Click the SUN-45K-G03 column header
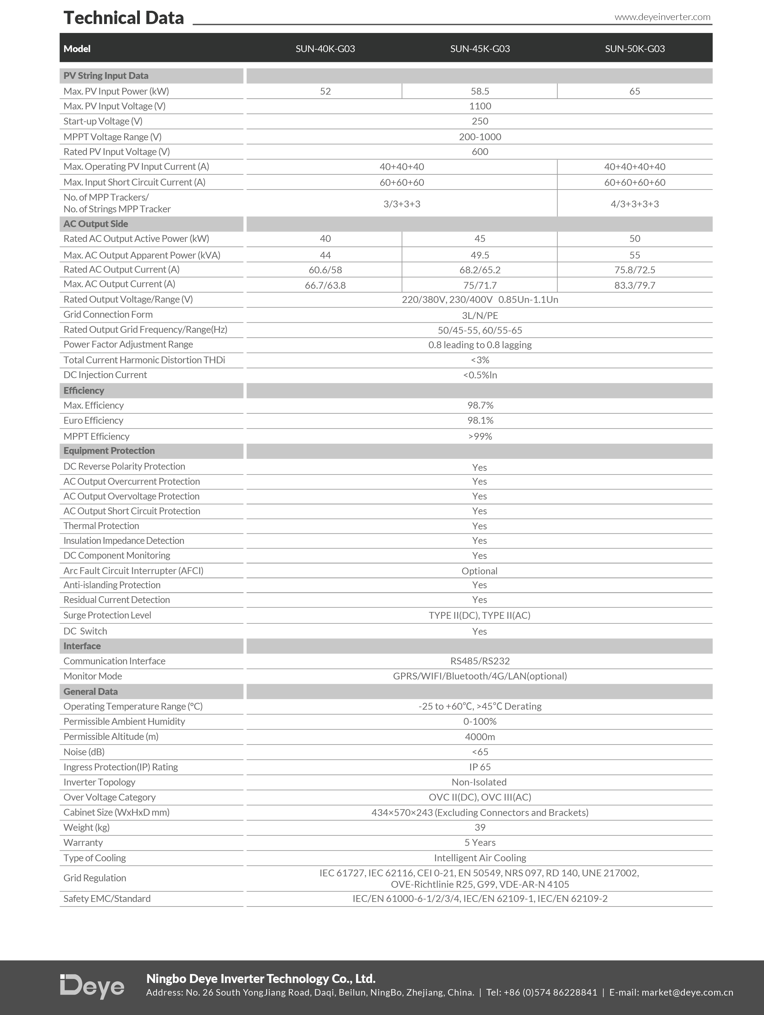(x=480, y=49)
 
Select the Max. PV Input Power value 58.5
(x=480, y=91)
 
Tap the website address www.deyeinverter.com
(x=662, y=17)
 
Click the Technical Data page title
(x=124, y=18)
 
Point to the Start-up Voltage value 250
(x=480, y=121)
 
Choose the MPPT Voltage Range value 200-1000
(x=480, y=137)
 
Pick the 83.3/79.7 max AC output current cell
(x=635, y=285)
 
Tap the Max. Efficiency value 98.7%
(x=480, y=405)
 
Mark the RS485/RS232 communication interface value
(x=480, y=661)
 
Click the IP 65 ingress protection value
(x=480, y=767)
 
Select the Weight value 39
(x=480, y=827)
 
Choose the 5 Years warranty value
(x=480, y=842)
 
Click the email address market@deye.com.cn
(x=687, y=993)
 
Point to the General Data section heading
(x=90, y=691)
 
